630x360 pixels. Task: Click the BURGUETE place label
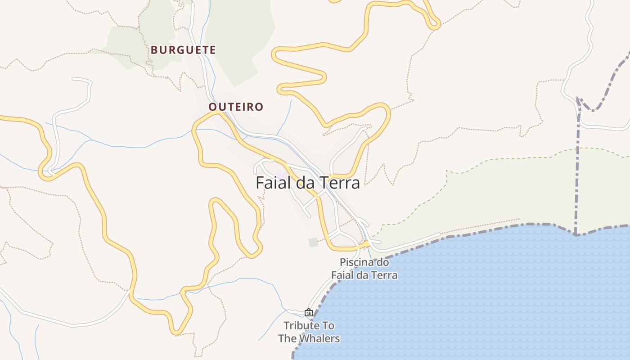pyautogui.click(x=183, y=50)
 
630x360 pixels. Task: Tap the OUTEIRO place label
pyautogui.click(x=236, y=107)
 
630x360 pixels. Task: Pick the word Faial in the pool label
pyautogui.click(x=343, y=275)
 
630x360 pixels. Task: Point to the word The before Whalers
pyautogui.click(x=287, y=338)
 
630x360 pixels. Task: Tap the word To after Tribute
pyautogui.click(x=328, y=325)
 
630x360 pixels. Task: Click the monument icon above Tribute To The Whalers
pyautogui.click(x=309, y=312)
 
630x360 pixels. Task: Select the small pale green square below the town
pyautogui.click(x=313, y=243)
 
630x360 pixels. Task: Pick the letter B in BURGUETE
pyautogui.click(x=154, y=50)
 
